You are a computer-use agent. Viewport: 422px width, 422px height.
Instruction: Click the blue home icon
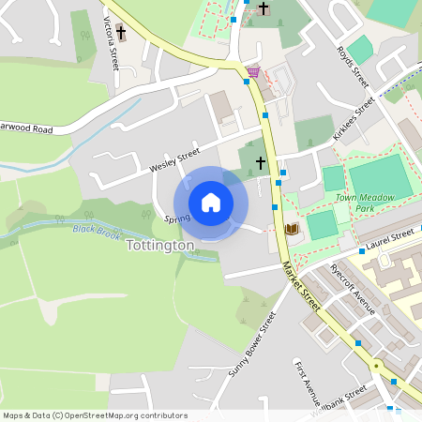coord(211,202)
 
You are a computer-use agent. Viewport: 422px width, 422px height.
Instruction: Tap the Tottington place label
coord(159,245)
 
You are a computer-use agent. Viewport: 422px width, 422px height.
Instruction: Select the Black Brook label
coord(97,229)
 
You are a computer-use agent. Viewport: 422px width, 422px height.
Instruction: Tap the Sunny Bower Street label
coord(252,345)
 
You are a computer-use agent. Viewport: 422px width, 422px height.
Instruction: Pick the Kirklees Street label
coord(354,118)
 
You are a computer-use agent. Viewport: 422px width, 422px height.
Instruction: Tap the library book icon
coord(291,229)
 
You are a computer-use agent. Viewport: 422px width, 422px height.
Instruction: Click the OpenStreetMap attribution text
coord(95,415)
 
